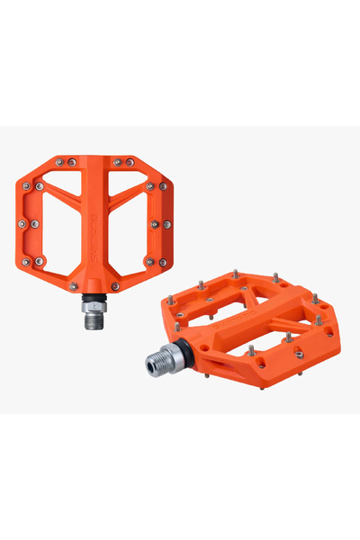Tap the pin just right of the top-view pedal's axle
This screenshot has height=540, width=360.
(116, 286)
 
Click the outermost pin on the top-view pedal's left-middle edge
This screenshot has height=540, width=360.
(22, 222)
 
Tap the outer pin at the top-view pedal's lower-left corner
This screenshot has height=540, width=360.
(25, 261)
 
